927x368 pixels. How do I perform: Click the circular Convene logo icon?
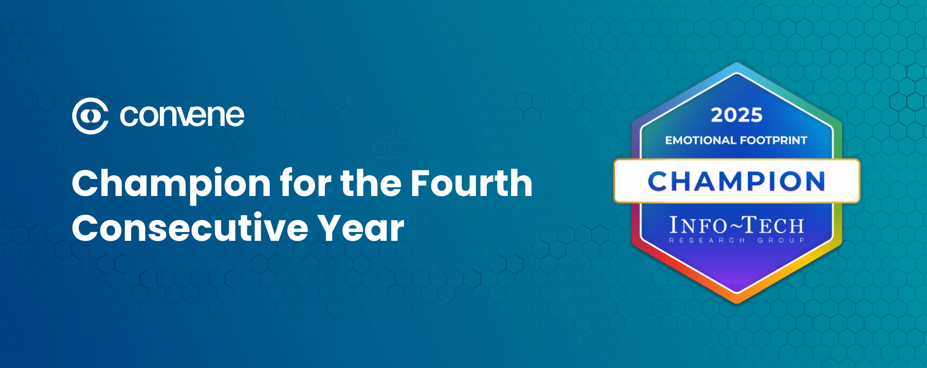(90, 116)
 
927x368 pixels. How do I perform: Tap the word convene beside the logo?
(182, 116)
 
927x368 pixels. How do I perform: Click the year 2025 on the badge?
(736, 115)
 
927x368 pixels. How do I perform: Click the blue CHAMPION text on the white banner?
(736, 181)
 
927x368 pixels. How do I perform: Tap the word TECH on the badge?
(775, 226)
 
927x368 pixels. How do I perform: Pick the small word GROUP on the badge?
(781, 240)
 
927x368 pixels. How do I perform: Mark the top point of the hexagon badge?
(737, 63)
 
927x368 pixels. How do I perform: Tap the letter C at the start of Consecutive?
(86, 228)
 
